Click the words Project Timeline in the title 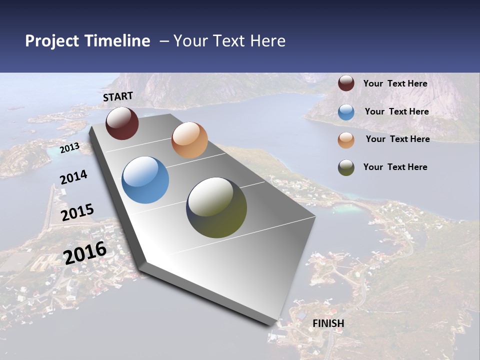(87, 41)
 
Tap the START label (118, 96)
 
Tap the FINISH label (328, 323)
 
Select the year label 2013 (69, 148)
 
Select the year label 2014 (73, 177)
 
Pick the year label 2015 (77, 212)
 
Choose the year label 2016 (85, 252)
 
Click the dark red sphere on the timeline (122, 123)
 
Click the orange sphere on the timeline (189, 140)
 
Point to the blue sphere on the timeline (145, 180)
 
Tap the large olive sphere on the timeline (216, 207)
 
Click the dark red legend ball (346, 83)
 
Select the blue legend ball (346, 112)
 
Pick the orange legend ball (346, 140)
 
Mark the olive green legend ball (346, 167)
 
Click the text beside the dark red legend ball (395, 83)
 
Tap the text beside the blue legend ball (396, 111)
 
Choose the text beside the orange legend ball (397, 139)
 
